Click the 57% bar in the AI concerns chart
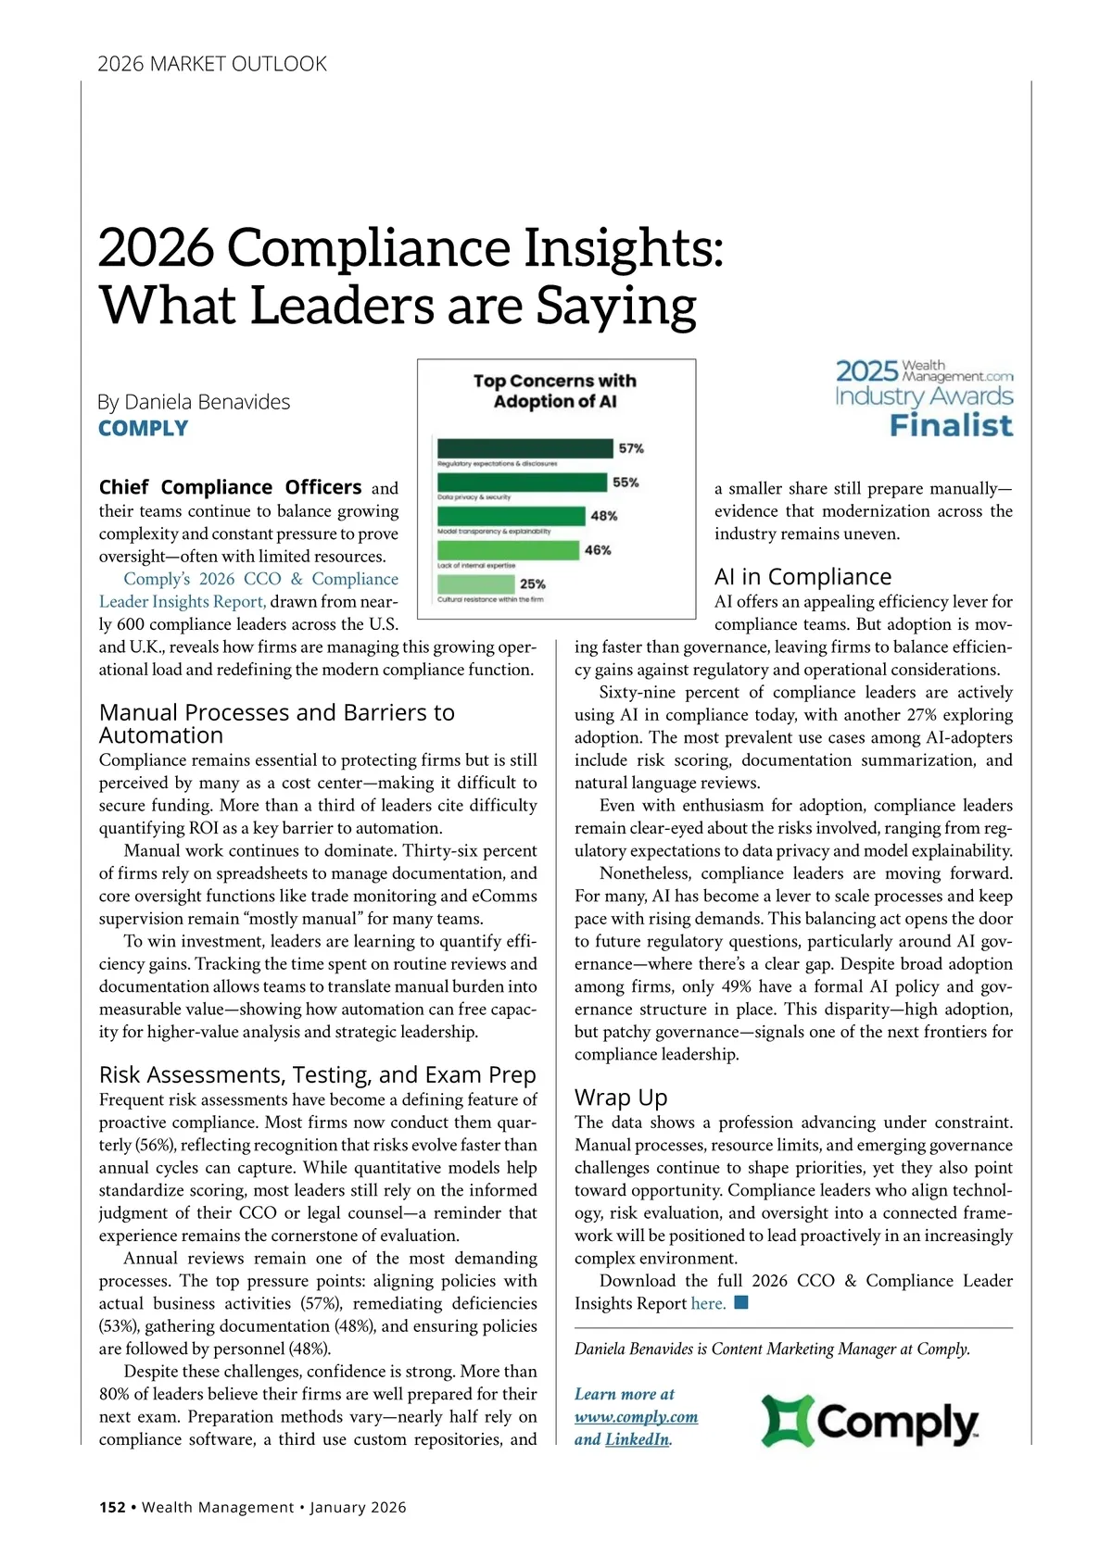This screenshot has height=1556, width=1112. pyautogui.click(x=524, y=448)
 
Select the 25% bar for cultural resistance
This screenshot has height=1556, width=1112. pyautogui.click(x=475, y=584)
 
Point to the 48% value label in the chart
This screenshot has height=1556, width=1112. pyautogui.click(x=604, y=516)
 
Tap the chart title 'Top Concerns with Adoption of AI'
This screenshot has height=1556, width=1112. pyautogui.click(x=555, y=391)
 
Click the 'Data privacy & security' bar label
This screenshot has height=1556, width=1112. pyautogui.click(x=474, y=497)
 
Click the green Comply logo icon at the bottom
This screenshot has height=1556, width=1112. pyautogui.click(x=788, y=1421)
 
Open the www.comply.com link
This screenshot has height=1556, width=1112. pyautogui.click(x=636, y=1417)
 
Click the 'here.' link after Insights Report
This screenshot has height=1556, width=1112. pyautogui.click(x=708, y=1303)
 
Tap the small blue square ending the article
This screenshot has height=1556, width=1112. pyautogui.click(x=740, y=1303)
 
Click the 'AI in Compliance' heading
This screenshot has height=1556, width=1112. pyautogui.click(x=802, y=577)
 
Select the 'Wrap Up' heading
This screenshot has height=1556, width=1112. pyautogui.click(x=621, y=1098)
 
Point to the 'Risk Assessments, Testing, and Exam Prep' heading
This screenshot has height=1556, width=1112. pyautogui.click(x=317, y=1074)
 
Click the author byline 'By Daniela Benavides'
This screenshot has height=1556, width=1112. pyautogui.click(x=194, y=402)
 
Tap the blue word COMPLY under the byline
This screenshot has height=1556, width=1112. pyautogui.click(x=144, y=429)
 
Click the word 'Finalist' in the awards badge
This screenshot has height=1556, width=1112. pyautogui.click(x=951, y=426)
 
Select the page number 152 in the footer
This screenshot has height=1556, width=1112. pyautogui.click(x=112, y=1507)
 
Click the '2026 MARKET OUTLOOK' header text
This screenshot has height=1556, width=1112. pyautogui.click(x=212, y=64)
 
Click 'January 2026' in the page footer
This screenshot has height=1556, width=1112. pyautogui.click(x=358, y=1507)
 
